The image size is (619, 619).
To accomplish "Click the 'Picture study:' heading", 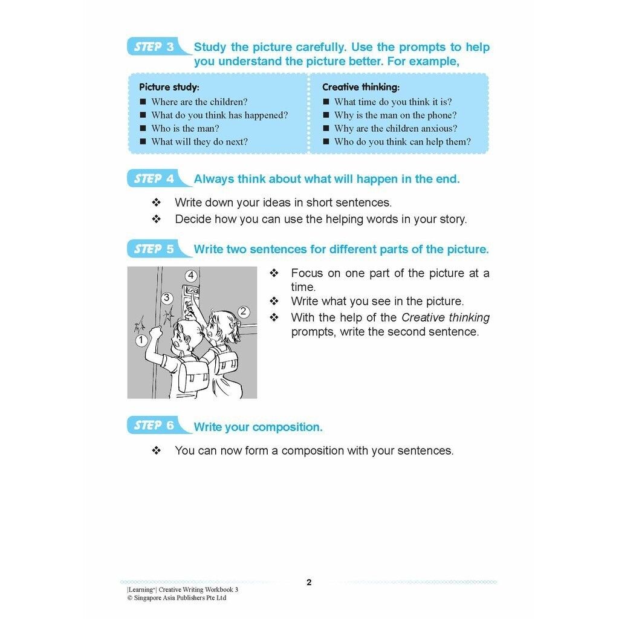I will coord(169,87).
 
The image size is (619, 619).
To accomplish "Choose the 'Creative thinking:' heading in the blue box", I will coord(361,87).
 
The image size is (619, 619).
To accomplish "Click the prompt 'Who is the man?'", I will coord(185,128).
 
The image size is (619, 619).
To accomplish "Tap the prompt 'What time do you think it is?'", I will coord(393,102).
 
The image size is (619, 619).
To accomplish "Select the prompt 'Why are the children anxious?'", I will coord(395,128).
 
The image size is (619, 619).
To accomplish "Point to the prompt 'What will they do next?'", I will coord(199,141).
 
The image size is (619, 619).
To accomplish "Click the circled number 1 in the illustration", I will coord(141,340).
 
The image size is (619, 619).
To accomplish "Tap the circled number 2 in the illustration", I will coord(244,312).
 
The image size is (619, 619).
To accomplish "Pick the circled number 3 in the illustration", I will coord(167,298).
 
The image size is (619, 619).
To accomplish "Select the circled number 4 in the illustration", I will coord(191,276).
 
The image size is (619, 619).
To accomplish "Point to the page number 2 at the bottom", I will coord(309,583).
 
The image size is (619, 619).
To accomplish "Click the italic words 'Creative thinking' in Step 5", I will coord(446,318).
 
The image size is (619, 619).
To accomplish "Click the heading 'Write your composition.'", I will coord(258,427).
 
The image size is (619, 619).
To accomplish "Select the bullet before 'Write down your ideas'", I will coord(157,203).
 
